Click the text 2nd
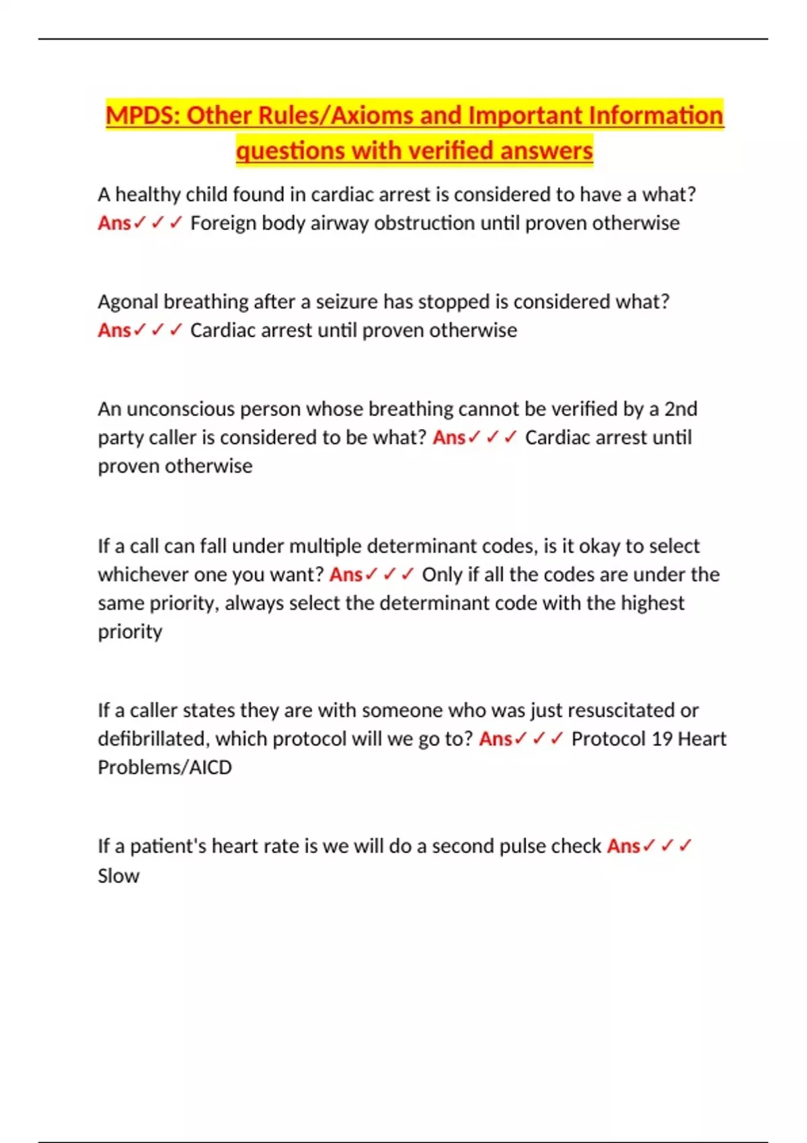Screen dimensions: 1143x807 pos(681,409)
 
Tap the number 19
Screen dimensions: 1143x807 pos(662,739)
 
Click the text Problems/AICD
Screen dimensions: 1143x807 pos(165,767)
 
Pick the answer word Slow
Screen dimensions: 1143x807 pos(118,876)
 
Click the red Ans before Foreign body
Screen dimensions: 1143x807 pos(114,223)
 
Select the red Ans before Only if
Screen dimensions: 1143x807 pos(346,575)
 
